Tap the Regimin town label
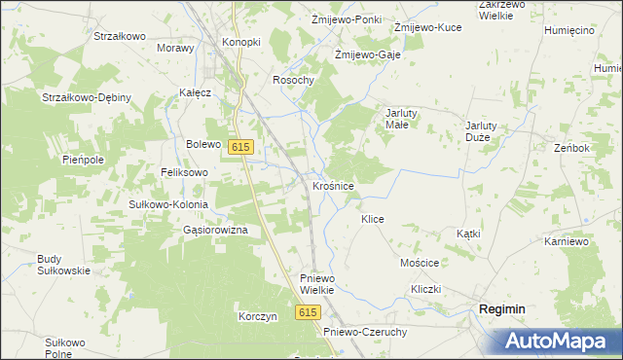tap(501, 308)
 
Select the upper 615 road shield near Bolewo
tap(242, 146)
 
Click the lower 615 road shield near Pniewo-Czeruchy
tap(309, 312)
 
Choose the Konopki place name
tap(241, 43)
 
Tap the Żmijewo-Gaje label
tap(368, 55)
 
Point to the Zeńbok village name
tap(571, 148)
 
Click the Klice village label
tap(373, 220)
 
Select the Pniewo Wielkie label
tap(317, 284)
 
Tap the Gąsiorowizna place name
tap(215, 230)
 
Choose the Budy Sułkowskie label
tap(63, 265)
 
